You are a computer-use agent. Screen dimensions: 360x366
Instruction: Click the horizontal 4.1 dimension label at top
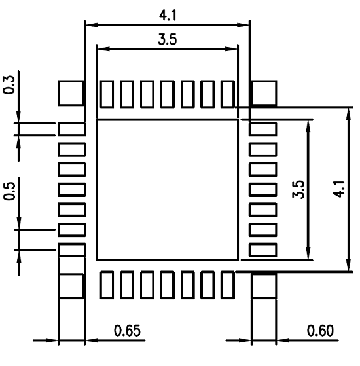coord(168,16)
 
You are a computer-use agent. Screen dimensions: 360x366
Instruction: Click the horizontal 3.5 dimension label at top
coord(168,39)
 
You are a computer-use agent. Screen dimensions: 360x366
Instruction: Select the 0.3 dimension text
coord(9,85)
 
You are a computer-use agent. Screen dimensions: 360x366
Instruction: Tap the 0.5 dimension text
coord(9,191)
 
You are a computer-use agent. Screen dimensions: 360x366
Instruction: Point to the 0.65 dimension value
coord(127,331)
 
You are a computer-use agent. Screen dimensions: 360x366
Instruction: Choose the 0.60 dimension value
coord(320,331)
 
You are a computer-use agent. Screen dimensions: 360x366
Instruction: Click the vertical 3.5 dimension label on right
coord(298,189)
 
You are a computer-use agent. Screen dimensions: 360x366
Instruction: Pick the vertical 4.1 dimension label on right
coord(338,189)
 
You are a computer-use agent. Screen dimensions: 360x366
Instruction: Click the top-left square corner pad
coord(71,93)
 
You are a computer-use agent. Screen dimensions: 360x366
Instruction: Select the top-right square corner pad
coord(264,93)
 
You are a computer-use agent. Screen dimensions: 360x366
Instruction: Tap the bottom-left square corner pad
coord(71,286)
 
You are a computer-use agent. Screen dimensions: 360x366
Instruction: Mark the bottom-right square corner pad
coord(264,286)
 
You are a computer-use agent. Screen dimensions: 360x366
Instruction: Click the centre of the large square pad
coord(168,190)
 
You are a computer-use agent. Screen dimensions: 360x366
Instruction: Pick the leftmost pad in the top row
coord(107,94)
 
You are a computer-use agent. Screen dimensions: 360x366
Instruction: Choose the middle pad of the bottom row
coord(168,285)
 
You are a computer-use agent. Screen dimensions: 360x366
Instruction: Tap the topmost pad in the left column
coord(71,129)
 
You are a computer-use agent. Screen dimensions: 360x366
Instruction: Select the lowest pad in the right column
coord(263,249)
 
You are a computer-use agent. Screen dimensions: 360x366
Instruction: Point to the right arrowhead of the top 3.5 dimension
coord(231,49)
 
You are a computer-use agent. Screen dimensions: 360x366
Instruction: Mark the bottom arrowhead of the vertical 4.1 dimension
coord(348,265)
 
